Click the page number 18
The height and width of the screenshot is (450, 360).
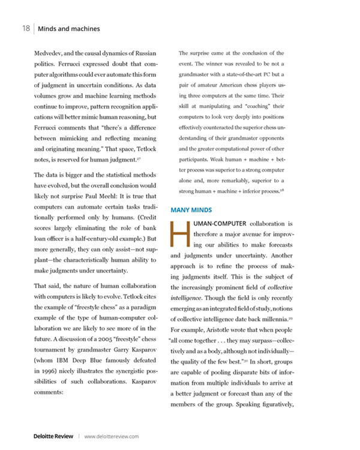point(25,29)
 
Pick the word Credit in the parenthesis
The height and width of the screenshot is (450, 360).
point(145,218)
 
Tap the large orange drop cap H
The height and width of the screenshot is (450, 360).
point(177,235)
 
